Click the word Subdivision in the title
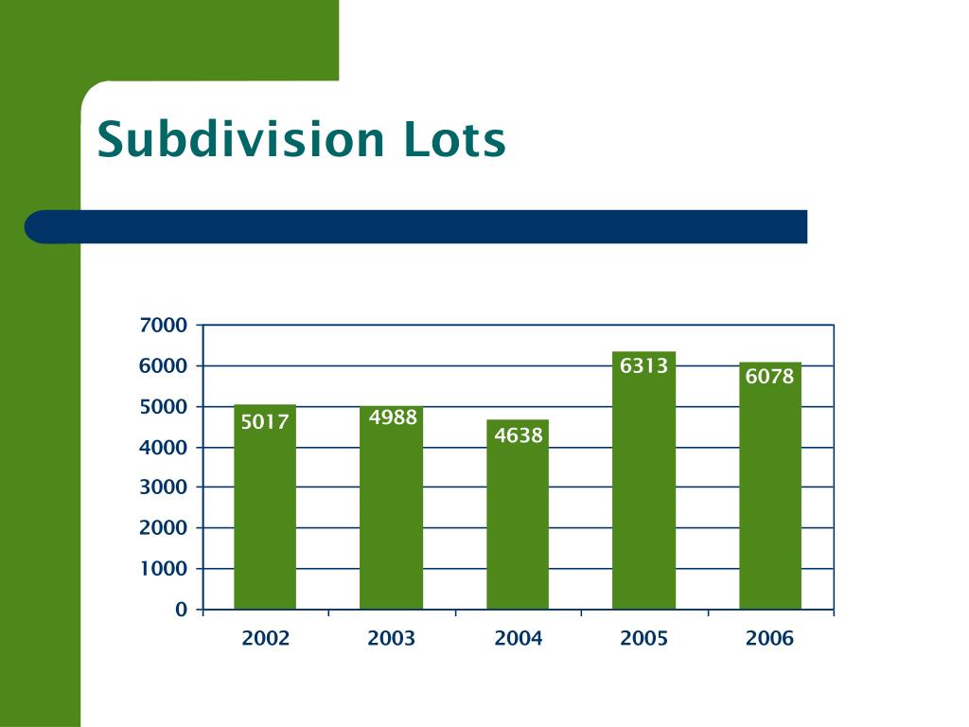point(239,139)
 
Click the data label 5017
point(265,422)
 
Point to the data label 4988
point(393,417)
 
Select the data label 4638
point(519,435)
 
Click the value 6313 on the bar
point(644,365)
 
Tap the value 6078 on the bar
point(770,377)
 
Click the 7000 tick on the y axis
point(164,326)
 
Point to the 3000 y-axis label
point(164,488)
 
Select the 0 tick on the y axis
point(181,610)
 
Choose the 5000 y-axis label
point(164,407)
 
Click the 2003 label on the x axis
point(392,639)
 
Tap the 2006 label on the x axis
point(769,639)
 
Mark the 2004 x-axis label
point(518,639)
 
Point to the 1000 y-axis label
point(164,569)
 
